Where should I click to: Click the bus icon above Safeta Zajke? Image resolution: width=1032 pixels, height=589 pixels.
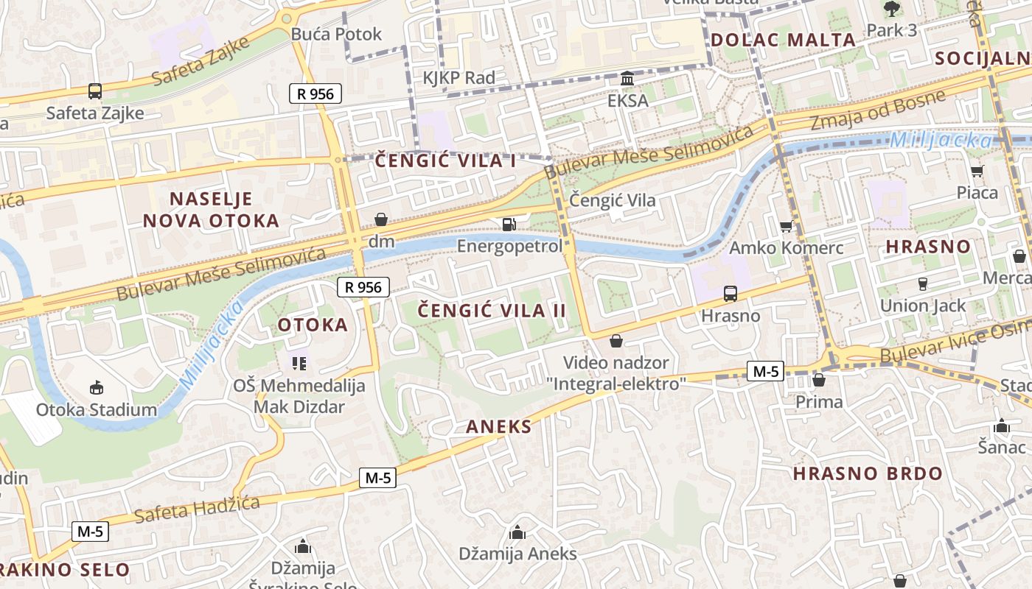[x=95, y=91]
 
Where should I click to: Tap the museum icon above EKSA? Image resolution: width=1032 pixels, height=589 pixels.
[x=627, y=78]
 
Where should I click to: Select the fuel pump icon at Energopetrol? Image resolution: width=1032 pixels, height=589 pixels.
[x=509, y=224]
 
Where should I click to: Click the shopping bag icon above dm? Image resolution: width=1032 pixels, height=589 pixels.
[x=381, y=219]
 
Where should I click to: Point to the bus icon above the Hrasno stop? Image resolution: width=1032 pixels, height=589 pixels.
[x=730, y=294]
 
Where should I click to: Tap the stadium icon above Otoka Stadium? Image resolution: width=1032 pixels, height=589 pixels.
[x=96, y=388]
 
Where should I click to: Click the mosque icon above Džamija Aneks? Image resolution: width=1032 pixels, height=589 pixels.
[x=517, y=532]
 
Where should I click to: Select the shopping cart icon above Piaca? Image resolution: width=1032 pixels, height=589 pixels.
[x=977, y=172]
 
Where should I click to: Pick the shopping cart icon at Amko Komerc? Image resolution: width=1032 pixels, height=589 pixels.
[x=786, y=226]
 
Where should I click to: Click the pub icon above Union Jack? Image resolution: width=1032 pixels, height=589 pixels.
[x=922, y=284]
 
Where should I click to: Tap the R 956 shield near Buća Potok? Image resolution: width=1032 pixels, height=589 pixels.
[x=315, y=94]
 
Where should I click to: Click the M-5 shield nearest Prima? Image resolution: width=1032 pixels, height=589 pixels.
[x=765, y=371]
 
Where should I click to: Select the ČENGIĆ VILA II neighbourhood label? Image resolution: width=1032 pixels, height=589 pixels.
[x=492, y=311]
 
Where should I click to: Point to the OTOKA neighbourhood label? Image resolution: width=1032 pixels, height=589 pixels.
[x=313, y=325]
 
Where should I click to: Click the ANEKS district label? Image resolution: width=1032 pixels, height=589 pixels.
[x=498, y=427]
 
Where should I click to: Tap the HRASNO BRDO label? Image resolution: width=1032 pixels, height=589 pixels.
[x=868, y=473]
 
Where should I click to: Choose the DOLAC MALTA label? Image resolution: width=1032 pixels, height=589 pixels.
[x=784, y=40]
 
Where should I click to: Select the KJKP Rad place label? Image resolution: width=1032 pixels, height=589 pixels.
[x=459, y=77]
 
